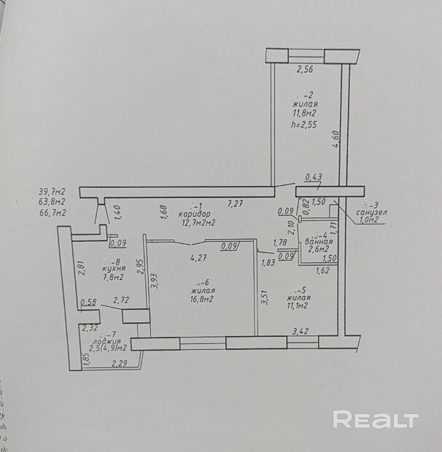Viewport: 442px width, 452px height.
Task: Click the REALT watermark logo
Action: tap(375, 419)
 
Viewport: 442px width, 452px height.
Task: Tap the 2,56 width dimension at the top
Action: tap(304, 71)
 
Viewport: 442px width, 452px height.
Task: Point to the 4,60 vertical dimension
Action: tap(336, 139)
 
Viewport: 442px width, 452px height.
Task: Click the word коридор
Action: tap(194, 214)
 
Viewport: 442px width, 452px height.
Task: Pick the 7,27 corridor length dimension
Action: tap(235, 205)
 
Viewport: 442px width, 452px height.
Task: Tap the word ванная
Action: tap(319, 241)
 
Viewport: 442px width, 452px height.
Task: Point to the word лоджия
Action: tap(106, 340)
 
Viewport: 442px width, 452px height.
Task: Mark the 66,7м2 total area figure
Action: tap(53, 213)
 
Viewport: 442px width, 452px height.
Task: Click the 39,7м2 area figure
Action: tap(53, 192)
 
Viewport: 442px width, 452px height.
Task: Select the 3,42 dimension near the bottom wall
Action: tap(300, 332)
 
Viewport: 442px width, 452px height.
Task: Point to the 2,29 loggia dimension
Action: tap(120, 363)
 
